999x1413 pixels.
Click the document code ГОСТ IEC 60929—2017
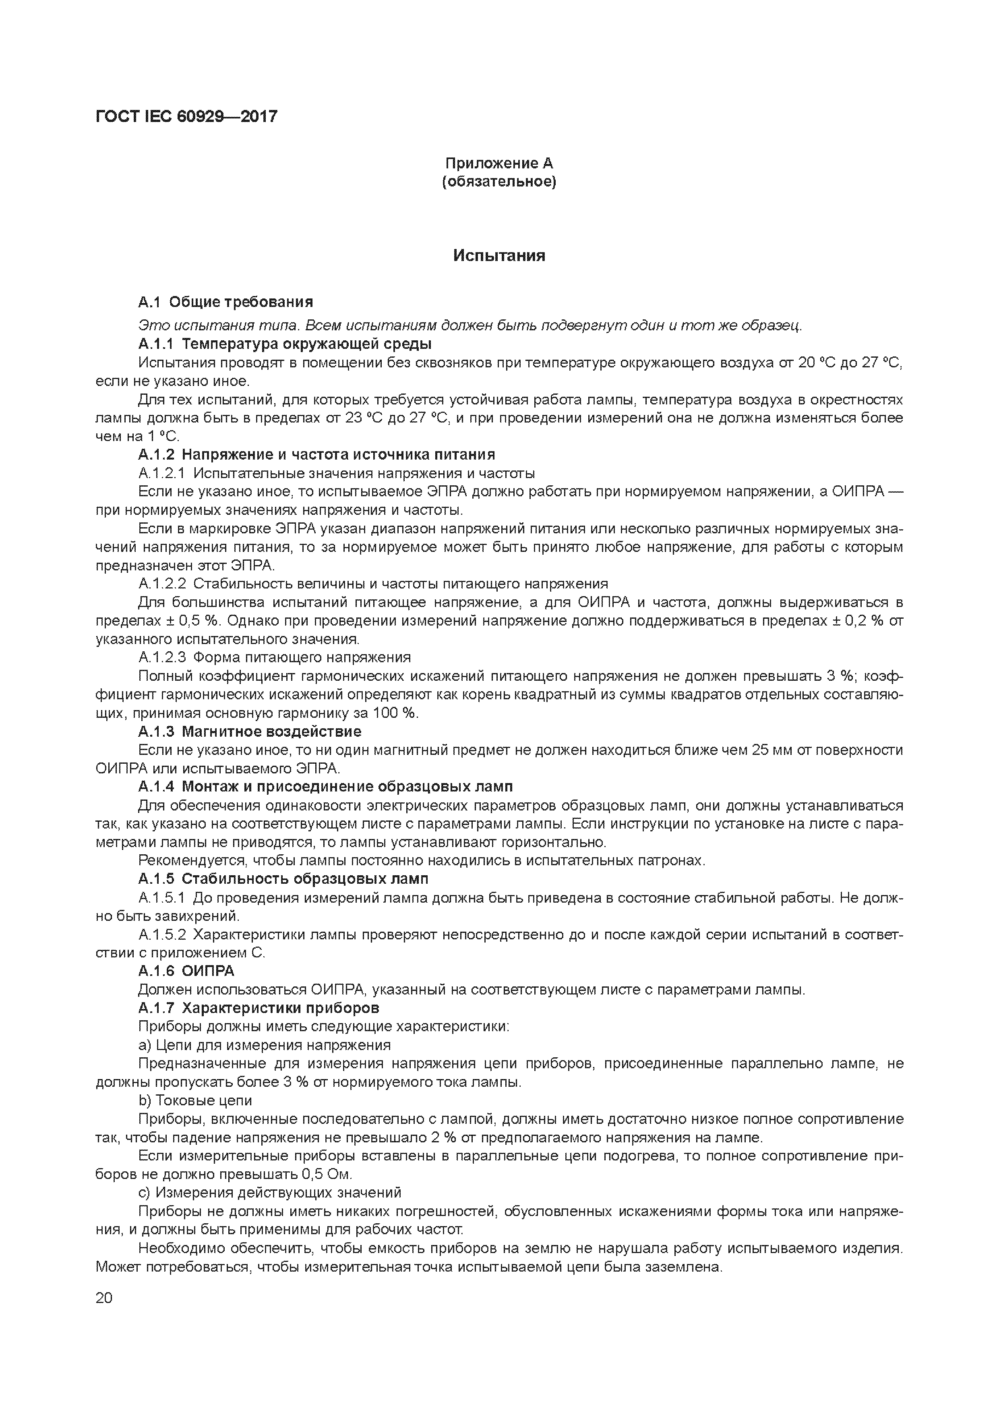(x=186, y=116)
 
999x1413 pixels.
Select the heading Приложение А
(x=499, y=163)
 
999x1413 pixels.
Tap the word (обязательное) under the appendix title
(x=499, y=182)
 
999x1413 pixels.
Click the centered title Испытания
(x=499, y=255)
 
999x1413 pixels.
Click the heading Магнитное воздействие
(x=271, y=731)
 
